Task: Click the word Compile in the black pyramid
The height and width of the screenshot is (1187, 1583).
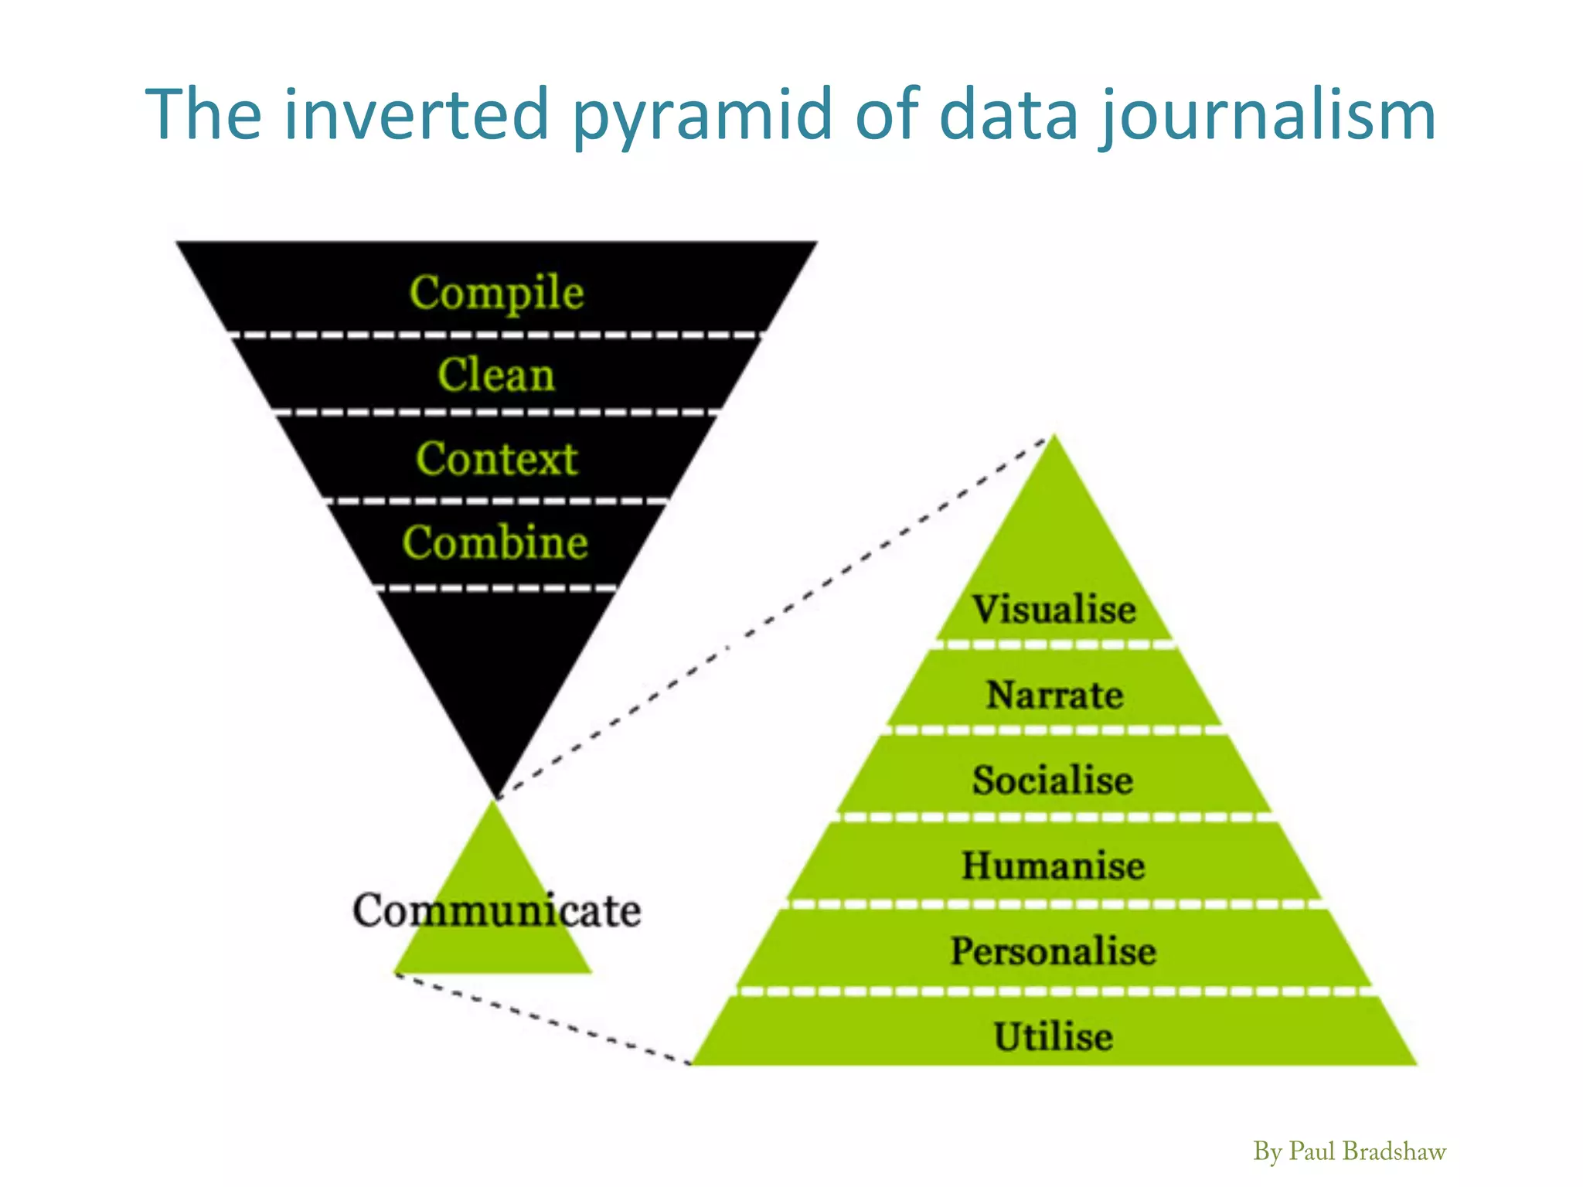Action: (x=496, y=293)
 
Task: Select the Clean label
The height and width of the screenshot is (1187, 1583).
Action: (x=496, y=375)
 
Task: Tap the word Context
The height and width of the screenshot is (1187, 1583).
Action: (x=496, y=458)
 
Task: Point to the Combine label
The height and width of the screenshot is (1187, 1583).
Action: (x=495, y=542)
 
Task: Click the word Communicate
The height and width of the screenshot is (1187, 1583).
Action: (x=496, y=910)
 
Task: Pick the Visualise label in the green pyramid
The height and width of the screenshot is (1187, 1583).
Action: (x=1054, y=609)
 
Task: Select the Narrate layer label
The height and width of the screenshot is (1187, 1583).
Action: (x=1054, y=695)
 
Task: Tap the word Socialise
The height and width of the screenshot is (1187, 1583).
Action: (x=1053, y=780)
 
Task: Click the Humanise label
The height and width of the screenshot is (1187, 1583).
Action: (x=1053, y=866)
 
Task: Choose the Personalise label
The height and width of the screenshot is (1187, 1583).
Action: (x=1053, y=951)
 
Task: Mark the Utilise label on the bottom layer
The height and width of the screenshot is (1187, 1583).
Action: (x=1053, y=1037)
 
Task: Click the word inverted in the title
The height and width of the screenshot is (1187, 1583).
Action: (x=416, y=114)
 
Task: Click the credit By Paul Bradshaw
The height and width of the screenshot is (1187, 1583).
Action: (x=1349, y=1151)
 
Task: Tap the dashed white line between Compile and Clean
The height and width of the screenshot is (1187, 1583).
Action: (x=495, y=335)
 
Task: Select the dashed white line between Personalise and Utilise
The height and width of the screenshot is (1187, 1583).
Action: (x=1053, y=991)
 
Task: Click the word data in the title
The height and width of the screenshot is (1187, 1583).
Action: (x=1008, y=114)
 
